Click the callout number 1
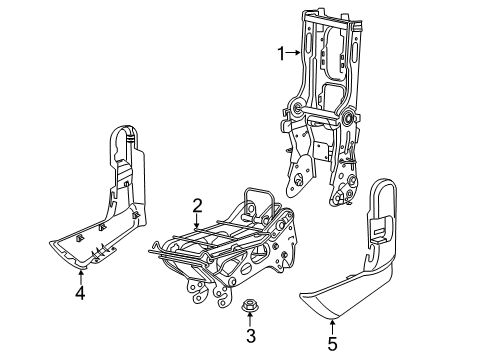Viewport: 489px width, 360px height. (x=281, y=52)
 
